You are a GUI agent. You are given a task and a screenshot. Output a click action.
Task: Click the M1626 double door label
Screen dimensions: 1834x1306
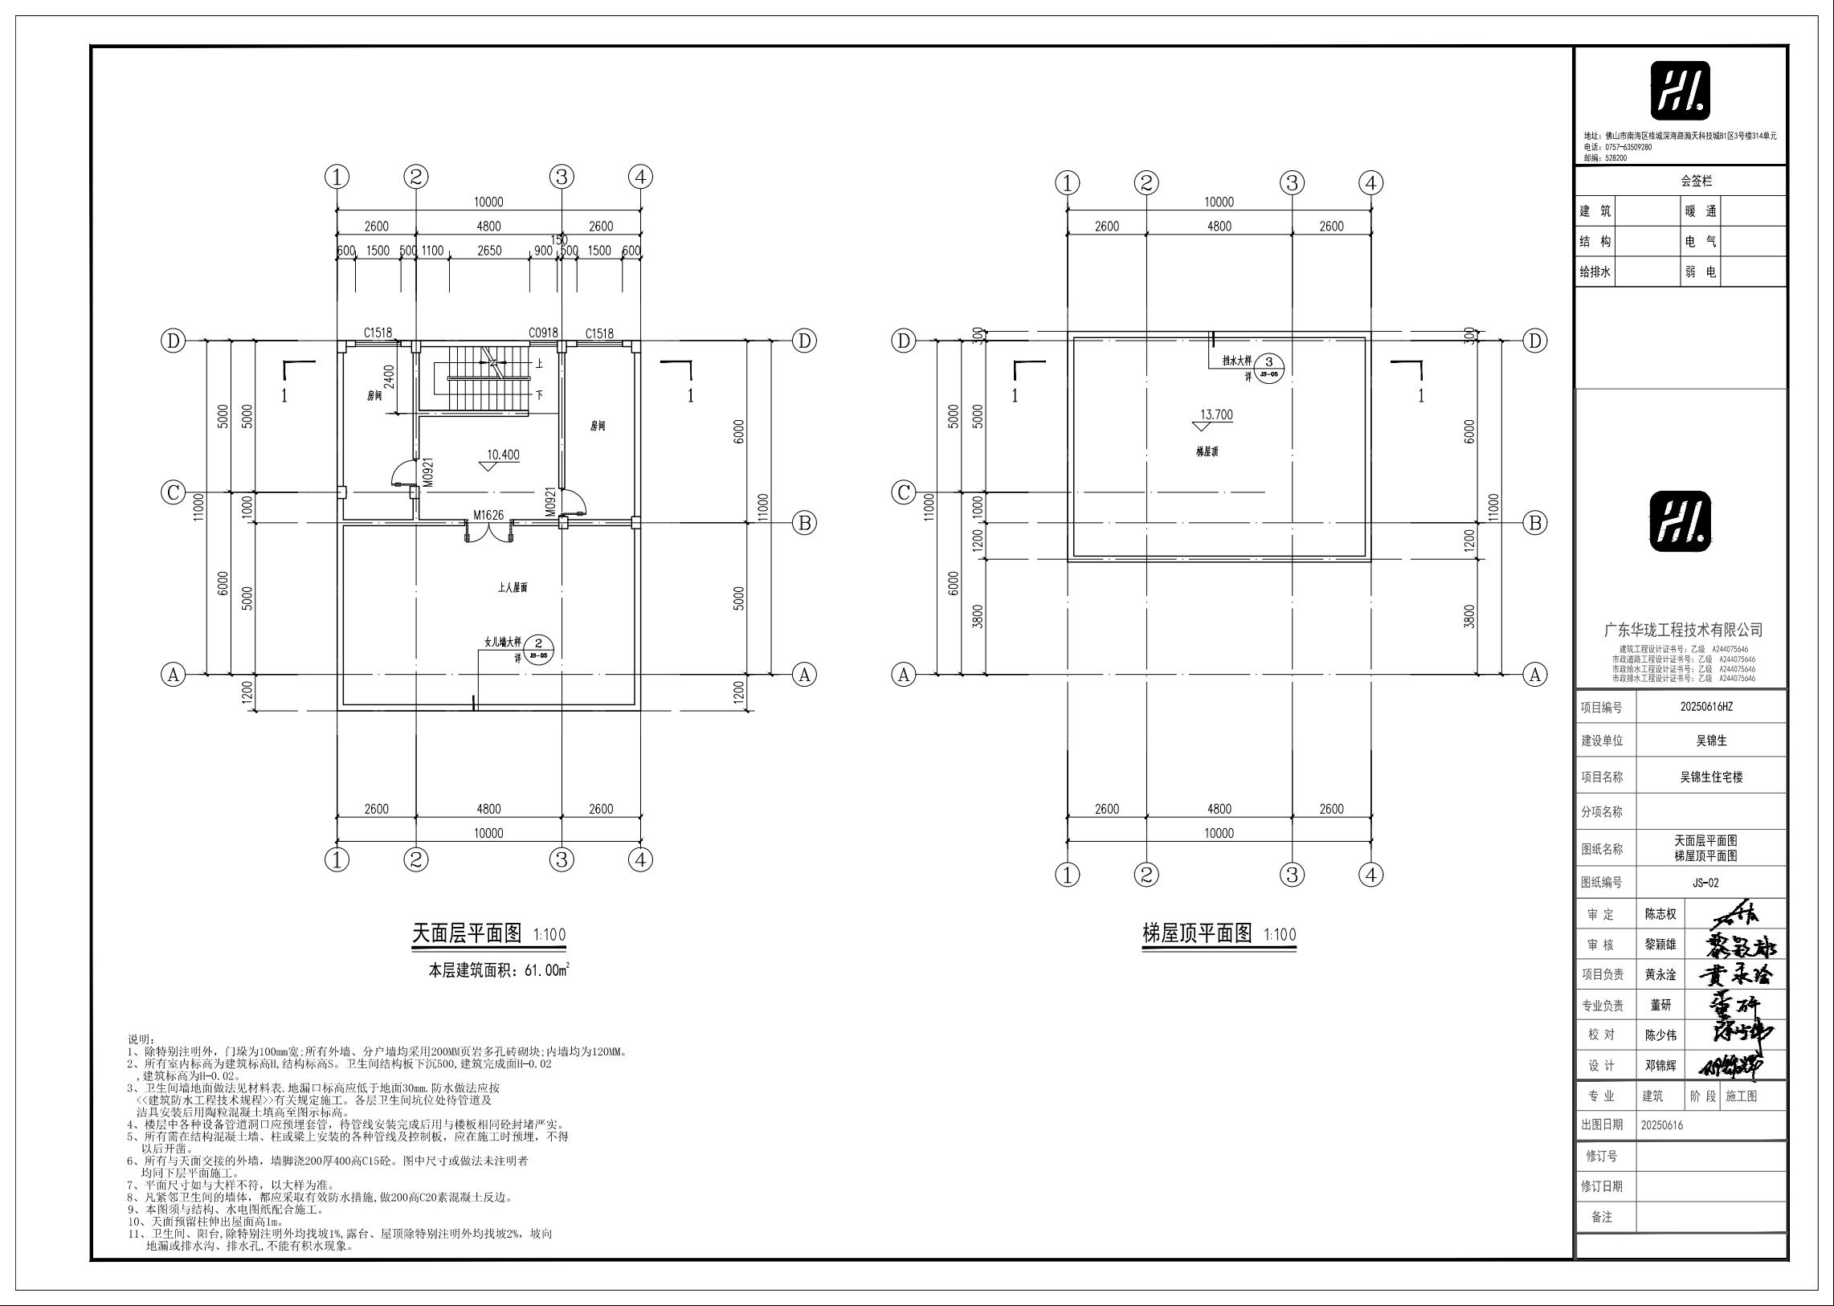click(488, 515)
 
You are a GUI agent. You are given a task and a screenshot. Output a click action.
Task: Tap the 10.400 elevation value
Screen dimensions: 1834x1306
click(503, 455)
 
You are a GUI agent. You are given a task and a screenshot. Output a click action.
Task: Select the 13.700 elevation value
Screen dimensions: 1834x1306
click(1216, 415)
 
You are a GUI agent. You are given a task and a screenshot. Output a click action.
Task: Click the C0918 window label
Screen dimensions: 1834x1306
click(543, 333)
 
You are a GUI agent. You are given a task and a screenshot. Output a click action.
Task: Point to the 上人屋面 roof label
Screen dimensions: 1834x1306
click(513, 588)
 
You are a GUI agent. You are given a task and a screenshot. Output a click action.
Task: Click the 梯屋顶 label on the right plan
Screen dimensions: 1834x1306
click(1207, 452)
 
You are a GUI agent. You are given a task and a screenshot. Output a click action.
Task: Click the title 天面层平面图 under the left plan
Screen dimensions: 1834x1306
click(467, 933)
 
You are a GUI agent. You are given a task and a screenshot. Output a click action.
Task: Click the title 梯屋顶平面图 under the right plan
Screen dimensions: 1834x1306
click(1197, 933)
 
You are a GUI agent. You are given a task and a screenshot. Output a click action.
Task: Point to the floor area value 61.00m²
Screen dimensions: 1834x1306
click(546, 970)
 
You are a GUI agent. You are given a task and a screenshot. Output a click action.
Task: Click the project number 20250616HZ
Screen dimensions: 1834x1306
click(1710, 707)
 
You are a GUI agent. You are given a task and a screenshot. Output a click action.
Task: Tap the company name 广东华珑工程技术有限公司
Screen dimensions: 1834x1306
click(1683, 630)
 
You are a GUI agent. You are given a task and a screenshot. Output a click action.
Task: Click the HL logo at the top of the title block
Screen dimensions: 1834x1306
click(1681, 91)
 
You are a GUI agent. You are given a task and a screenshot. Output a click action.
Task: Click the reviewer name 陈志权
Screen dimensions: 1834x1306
click(1660, 914)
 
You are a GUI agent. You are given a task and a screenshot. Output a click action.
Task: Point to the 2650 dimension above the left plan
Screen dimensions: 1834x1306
click(489, 250)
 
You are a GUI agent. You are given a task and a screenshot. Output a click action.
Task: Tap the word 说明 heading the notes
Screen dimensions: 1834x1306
click(141, 1040)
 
